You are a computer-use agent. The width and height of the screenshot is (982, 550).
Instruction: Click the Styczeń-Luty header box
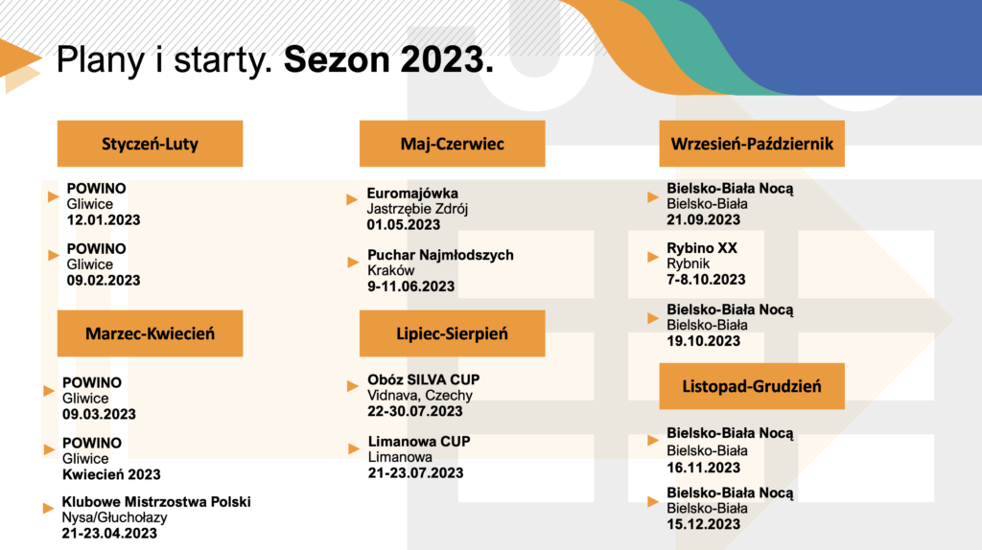150,144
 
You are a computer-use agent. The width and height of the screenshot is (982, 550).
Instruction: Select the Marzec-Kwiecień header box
150,333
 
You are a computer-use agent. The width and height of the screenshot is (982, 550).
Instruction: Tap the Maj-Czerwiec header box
453,144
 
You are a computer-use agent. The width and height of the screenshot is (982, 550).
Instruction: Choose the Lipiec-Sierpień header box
453,333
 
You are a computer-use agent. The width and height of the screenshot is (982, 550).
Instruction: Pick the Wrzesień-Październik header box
752,144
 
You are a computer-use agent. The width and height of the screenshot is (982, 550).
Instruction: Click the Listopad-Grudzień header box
752,386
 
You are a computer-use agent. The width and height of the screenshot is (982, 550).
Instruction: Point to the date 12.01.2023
104,220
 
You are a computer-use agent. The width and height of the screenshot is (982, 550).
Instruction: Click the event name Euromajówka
412,194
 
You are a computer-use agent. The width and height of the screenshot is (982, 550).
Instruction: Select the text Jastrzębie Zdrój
417,209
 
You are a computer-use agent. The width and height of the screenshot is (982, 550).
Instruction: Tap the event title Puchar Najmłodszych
440,255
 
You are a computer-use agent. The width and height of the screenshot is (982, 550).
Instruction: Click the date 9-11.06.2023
410,286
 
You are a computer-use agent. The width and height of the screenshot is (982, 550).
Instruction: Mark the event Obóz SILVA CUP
423,379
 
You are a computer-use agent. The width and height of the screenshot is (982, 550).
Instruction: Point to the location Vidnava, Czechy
420,396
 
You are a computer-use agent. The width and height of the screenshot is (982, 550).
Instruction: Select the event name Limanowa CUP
419,441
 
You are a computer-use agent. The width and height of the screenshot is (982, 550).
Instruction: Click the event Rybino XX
701,248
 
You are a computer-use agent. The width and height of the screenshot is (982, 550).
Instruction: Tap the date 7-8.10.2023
706,280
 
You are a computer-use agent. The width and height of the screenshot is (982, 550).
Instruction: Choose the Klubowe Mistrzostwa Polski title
156,502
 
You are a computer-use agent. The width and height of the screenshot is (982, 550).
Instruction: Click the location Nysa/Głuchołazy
114,517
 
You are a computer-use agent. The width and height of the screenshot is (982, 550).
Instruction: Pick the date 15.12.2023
703,524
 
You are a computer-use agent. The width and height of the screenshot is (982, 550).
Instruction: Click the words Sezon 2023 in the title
388,59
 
